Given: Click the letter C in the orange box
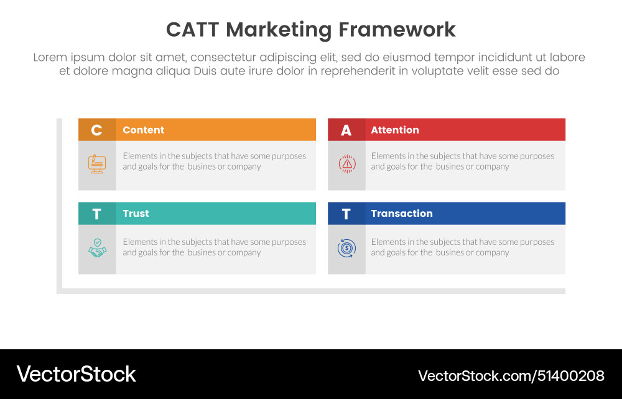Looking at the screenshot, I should tap(96, 130).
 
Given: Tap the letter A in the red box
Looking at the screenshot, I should tap(346, 130).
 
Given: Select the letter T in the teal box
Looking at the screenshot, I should tap(96, 214).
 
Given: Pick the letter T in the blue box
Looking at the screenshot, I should tap(346, 214).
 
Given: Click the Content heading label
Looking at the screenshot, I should tap(143, 130).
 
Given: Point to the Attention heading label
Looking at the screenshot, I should tap(394, 130).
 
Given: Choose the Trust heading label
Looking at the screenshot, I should tap(136, 213).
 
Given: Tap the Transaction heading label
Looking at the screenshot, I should tap(401, 213).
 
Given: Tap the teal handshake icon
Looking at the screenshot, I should tap(97, 249).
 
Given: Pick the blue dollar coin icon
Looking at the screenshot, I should tap(346, 249).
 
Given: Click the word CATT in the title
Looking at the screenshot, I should tap(193, 30).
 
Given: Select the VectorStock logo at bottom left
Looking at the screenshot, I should tap(76, 374).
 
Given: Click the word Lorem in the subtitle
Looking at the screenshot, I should tap(50, 57).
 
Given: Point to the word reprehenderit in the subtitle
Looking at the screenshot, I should tap(354, 71).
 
